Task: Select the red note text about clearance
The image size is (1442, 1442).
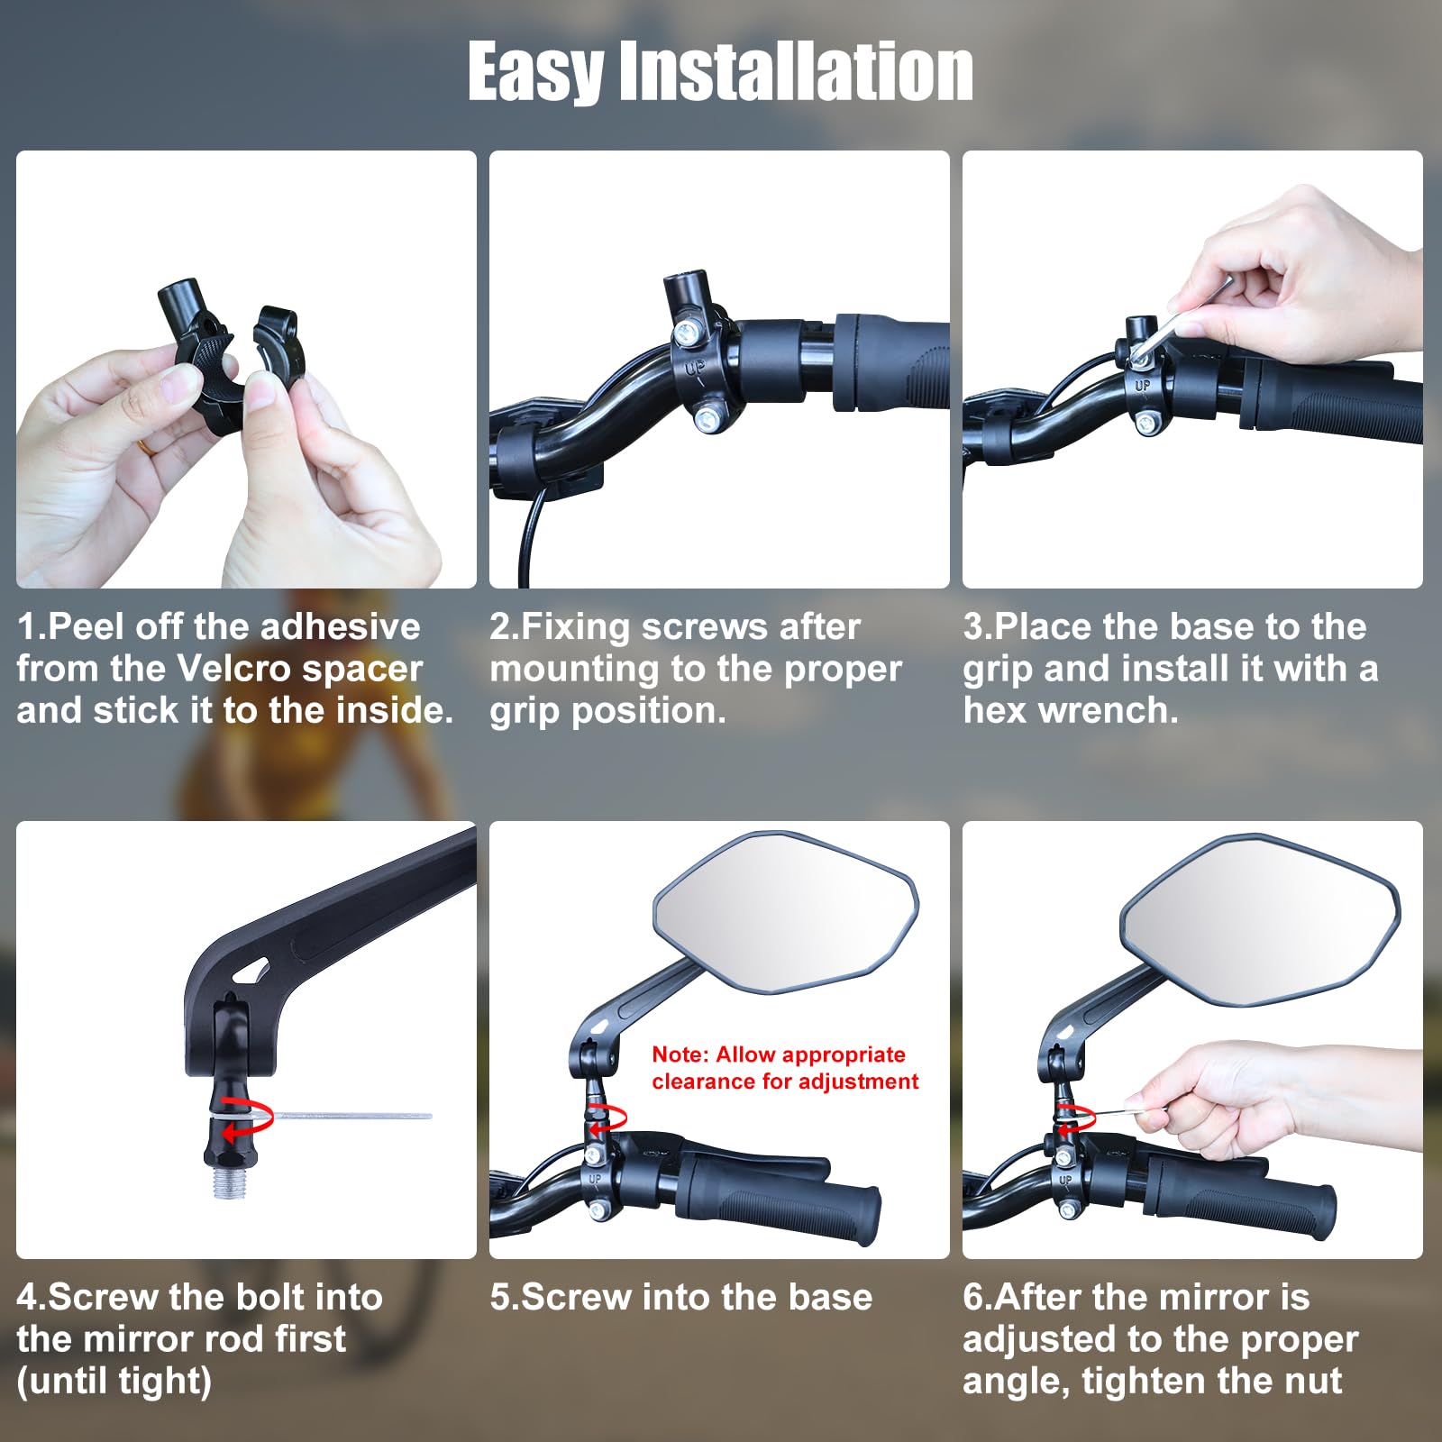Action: coord(784,1068)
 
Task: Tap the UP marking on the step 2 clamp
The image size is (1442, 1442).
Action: coord(695,369)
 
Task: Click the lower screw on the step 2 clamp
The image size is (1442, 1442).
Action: coord(708,416)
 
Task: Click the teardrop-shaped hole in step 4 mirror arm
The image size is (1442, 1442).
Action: coord(251,972)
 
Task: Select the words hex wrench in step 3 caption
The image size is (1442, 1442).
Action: coord(1071,711)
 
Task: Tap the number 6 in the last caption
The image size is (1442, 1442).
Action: coord(972,1298)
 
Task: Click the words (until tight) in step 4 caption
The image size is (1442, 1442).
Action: coord(114,1381)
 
